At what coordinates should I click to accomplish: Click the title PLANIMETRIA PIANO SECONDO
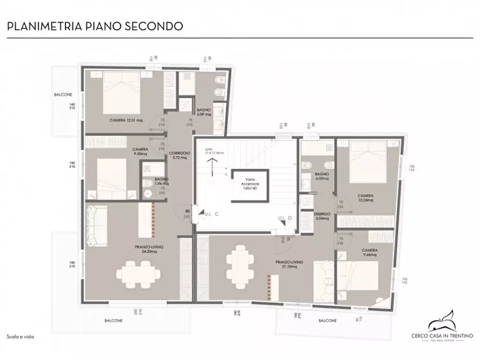94,26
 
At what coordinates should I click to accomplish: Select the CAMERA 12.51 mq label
126,120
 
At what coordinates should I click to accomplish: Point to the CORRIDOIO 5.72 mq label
180,155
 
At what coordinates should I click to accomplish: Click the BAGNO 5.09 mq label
204,112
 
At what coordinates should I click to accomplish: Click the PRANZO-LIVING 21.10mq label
289,264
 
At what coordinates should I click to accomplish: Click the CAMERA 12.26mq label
368,198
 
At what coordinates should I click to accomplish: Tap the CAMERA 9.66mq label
369,253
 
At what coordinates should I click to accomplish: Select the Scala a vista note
20,336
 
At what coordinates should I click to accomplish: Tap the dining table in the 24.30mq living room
138,272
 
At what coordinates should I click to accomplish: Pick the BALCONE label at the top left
63,95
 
